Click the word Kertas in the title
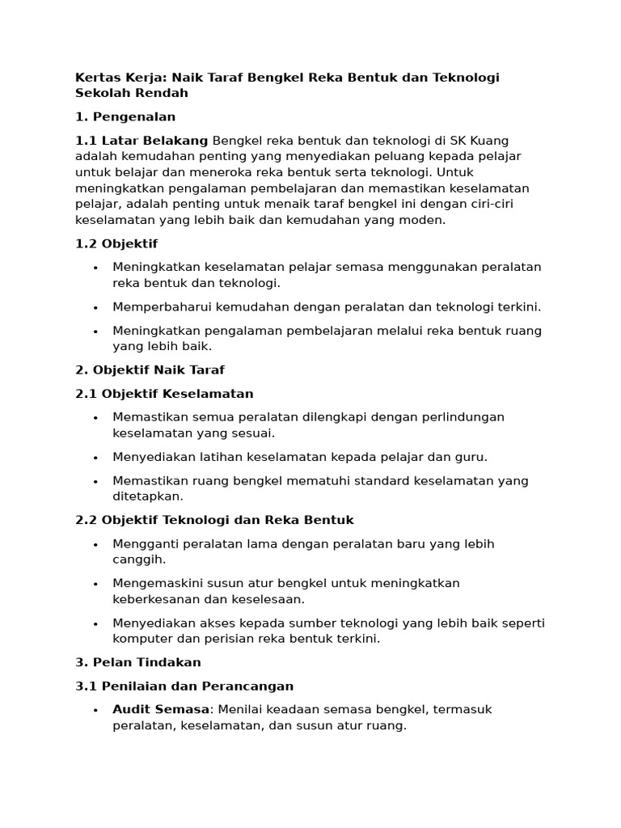point(95,78)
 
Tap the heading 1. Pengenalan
point(125,116)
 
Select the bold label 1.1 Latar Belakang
point(142,141)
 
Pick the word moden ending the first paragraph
point(424,219)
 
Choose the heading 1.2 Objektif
point(116,243)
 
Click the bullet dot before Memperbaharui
point(95,307)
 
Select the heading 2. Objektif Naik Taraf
point(150,370)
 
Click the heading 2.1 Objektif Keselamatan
point(164,394)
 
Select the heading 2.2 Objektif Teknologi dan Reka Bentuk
point(214,520)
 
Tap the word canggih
point(138,560)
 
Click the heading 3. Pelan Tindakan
point(137,662)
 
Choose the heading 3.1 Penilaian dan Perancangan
point(184,686)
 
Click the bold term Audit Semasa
point(160,710)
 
